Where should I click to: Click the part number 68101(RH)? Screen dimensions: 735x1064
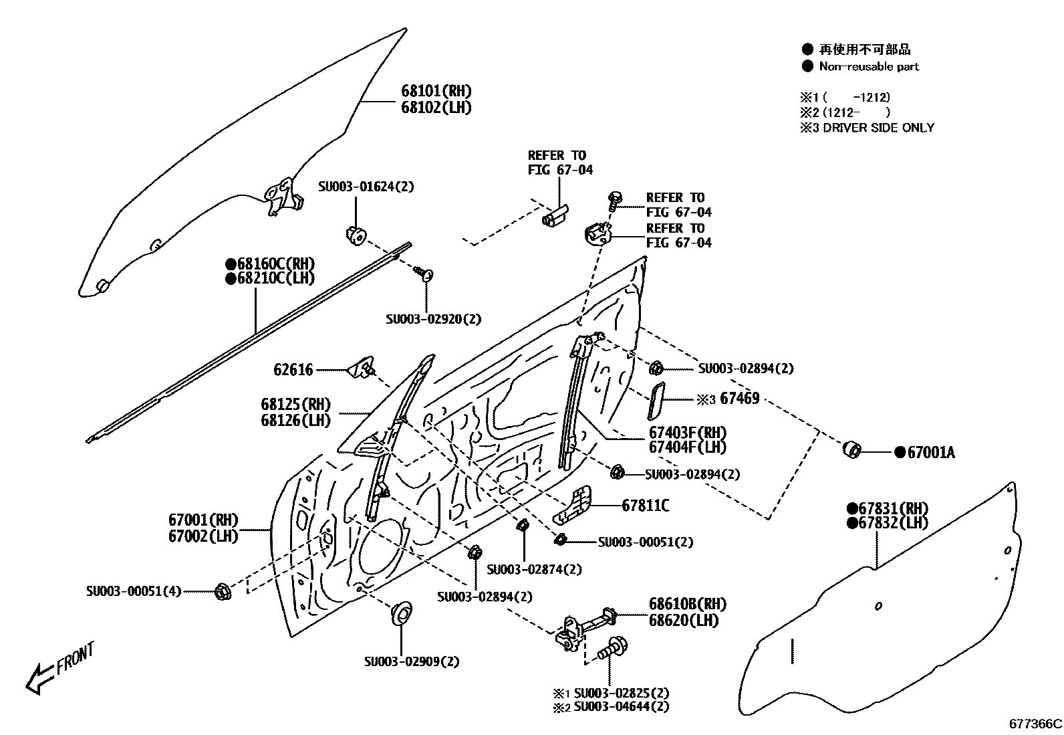[x=436, y=91]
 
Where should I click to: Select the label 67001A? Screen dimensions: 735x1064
[x=930, y=453]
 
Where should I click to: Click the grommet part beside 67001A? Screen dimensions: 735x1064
[x=852, y=449]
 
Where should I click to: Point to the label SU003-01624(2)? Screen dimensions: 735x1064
[x=366, y=187]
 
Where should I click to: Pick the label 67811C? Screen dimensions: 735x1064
[x=646, y=506]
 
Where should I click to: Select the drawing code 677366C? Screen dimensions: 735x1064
[x=1035, y=724]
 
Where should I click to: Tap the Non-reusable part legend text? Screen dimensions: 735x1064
[x=869, y=66]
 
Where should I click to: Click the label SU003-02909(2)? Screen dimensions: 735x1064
[x=412, y=661]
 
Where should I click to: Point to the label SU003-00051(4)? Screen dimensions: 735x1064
[x=134, y=591]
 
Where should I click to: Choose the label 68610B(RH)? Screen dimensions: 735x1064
[x=687, y=604]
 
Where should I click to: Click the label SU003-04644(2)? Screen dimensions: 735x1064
[x=621, y=706]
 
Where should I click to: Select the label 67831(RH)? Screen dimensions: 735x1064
[x=893, y=508]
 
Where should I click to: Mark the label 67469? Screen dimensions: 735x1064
[x=740, y=399]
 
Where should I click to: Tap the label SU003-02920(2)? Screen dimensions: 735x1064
[x=433, y=319]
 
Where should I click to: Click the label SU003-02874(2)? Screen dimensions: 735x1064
[x=534, y=569]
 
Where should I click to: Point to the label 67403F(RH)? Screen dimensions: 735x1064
[x=688, y=433]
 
